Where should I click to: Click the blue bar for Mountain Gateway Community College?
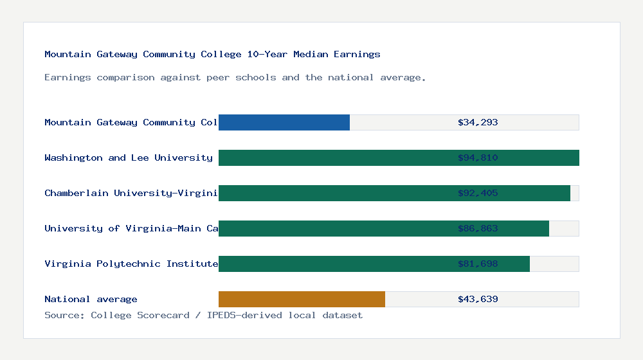pos(284,122)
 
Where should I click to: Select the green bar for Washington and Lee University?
pos(334,157)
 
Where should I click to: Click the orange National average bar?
pos(302,299)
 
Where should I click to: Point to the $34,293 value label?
pos(478,122)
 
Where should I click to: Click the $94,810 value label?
pos(478,157)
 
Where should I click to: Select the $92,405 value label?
pos(478,193)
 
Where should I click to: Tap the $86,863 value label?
pos(478,228)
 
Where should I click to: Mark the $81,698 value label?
pos(478,264)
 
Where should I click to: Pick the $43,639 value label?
pos(478,299)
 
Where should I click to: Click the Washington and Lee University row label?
pos(129,157)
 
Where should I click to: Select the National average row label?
pos(91,299)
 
